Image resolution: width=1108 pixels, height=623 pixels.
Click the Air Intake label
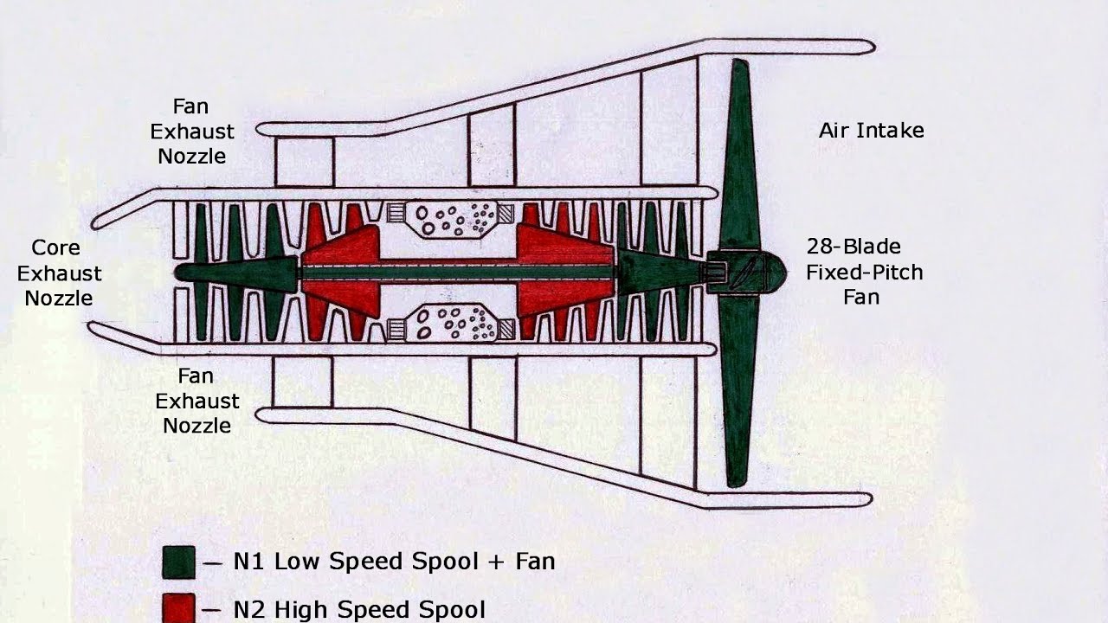[871, 131]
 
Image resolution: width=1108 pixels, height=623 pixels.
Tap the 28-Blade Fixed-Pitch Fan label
[864, 272]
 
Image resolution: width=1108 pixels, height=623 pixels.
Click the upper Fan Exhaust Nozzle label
[191, 132]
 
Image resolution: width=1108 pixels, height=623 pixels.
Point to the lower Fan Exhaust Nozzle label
[196, 401]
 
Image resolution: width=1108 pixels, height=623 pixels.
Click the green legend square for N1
[179, 562]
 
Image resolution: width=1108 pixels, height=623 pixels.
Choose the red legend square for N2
[179, 608]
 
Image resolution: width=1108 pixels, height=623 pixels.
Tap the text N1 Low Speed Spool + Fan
[394, 562]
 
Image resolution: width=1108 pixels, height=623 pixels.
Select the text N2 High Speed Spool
[359, 609]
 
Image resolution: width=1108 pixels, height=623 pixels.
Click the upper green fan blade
[738, 156]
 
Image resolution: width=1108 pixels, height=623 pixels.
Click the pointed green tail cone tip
[182, 272]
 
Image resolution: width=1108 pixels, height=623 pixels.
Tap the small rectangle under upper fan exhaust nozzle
[304, 162]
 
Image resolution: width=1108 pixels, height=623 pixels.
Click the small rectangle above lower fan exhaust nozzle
[302, 382]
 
